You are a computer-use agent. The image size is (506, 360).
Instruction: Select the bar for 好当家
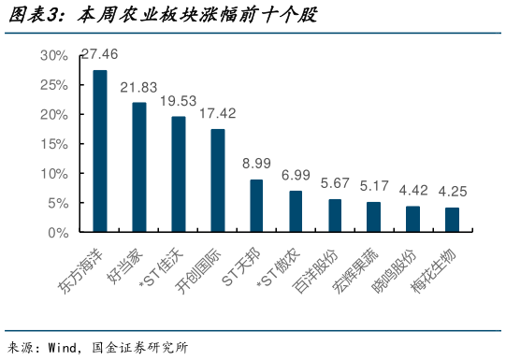coord(138,167)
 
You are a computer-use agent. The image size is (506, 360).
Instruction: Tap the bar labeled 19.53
coord(178,174)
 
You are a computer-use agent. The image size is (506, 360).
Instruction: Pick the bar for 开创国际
coord(217,180)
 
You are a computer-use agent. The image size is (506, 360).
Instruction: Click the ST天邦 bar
coord(256,206)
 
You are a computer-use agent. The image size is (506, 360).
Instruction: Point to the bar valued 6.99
coord(296,211)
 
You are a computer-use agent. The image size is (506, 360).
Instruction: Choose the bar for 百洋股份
coord(335,215)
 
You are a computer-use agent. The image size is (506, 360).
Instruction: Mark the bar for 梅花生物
coord(452,220)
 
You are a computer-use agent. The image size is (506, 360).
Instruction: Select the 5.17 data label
coord(374,186)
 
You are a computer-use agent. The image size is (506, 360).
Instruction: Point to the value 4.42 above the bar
coord(413,191)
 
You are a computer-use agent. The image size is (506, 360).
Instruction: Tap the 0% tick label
coord(58,232)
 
